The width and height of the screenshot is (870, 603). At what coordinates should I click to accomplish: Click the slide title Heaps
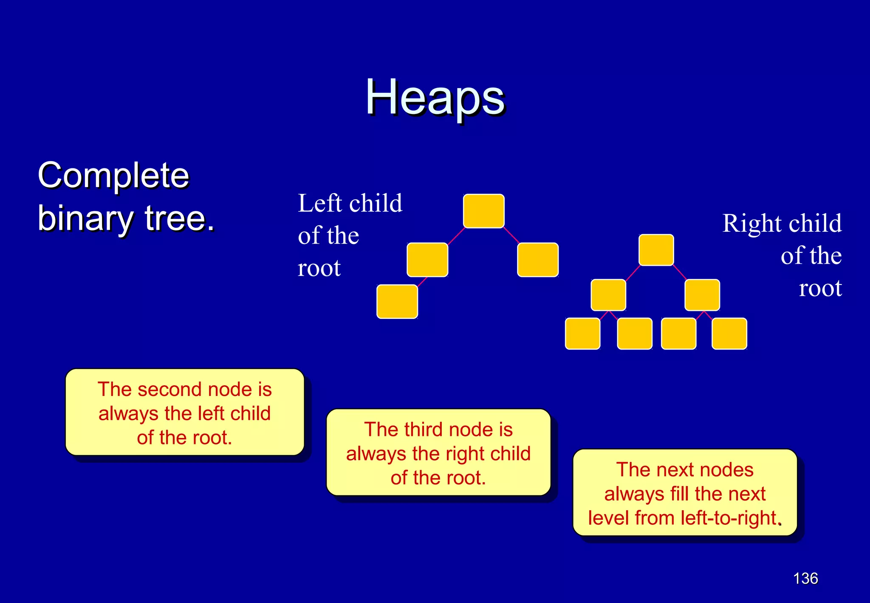[435, 98]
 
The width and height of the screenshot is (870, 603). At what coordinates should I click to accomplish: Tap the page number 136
[805, 578]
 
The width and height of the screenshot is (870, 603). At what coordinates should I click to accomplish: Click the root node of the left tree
[483, 211]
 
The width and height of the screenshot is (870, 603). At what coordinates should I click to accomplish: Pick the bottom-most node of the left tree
[397, 301]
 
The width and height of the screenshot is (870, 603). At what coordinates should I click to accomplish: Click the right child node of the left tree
[537, 260]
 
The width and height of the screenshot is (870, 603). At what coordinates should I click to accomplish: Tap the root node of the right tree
[656, 250]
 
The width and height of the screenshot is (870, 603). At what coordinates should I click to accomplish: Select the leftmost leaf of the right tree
[582, 334]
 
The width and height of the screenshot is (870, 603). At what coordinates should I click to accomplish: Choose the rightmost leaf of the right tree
[729, 334]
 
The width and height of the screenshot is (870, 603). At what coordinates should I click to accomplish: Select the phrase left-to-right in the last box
[729, 518]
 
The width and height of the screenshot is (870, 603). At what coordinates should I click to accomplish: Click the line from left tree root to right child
[511, 235]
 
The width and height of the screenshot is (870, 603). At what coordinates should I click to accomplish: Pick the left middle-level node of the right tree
[608, 295]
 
